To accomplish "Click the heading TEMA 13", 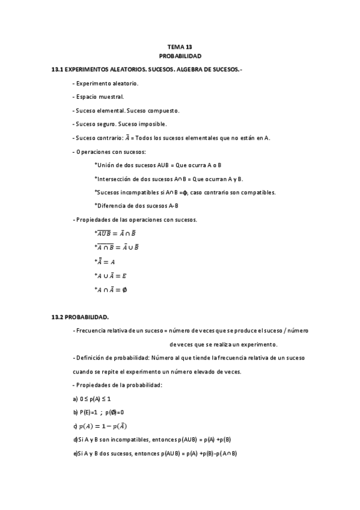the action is click(x=180, y=47).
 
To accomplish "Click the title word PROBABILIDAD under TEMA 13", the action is click(x=180, y=56).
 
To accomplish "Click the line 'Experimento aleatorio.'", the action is click(x=107, y=83).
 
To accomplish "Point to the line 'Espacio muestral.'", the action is click(x=100, y=97).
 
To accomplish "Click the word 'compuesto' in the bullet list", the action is click(x=161, y=111).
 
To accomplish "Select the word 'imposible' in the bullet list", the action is click(x=141, y=124).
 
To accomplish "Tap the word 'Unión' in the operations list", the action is click(x=106, y=165).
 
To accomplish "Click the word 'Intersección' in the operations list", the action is click(x=114, y=179).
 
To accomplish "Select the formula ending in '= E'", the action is click(x=111, y=275).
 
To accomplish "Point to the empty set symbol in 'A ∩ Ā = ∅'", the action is click(x=124, y=289).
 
